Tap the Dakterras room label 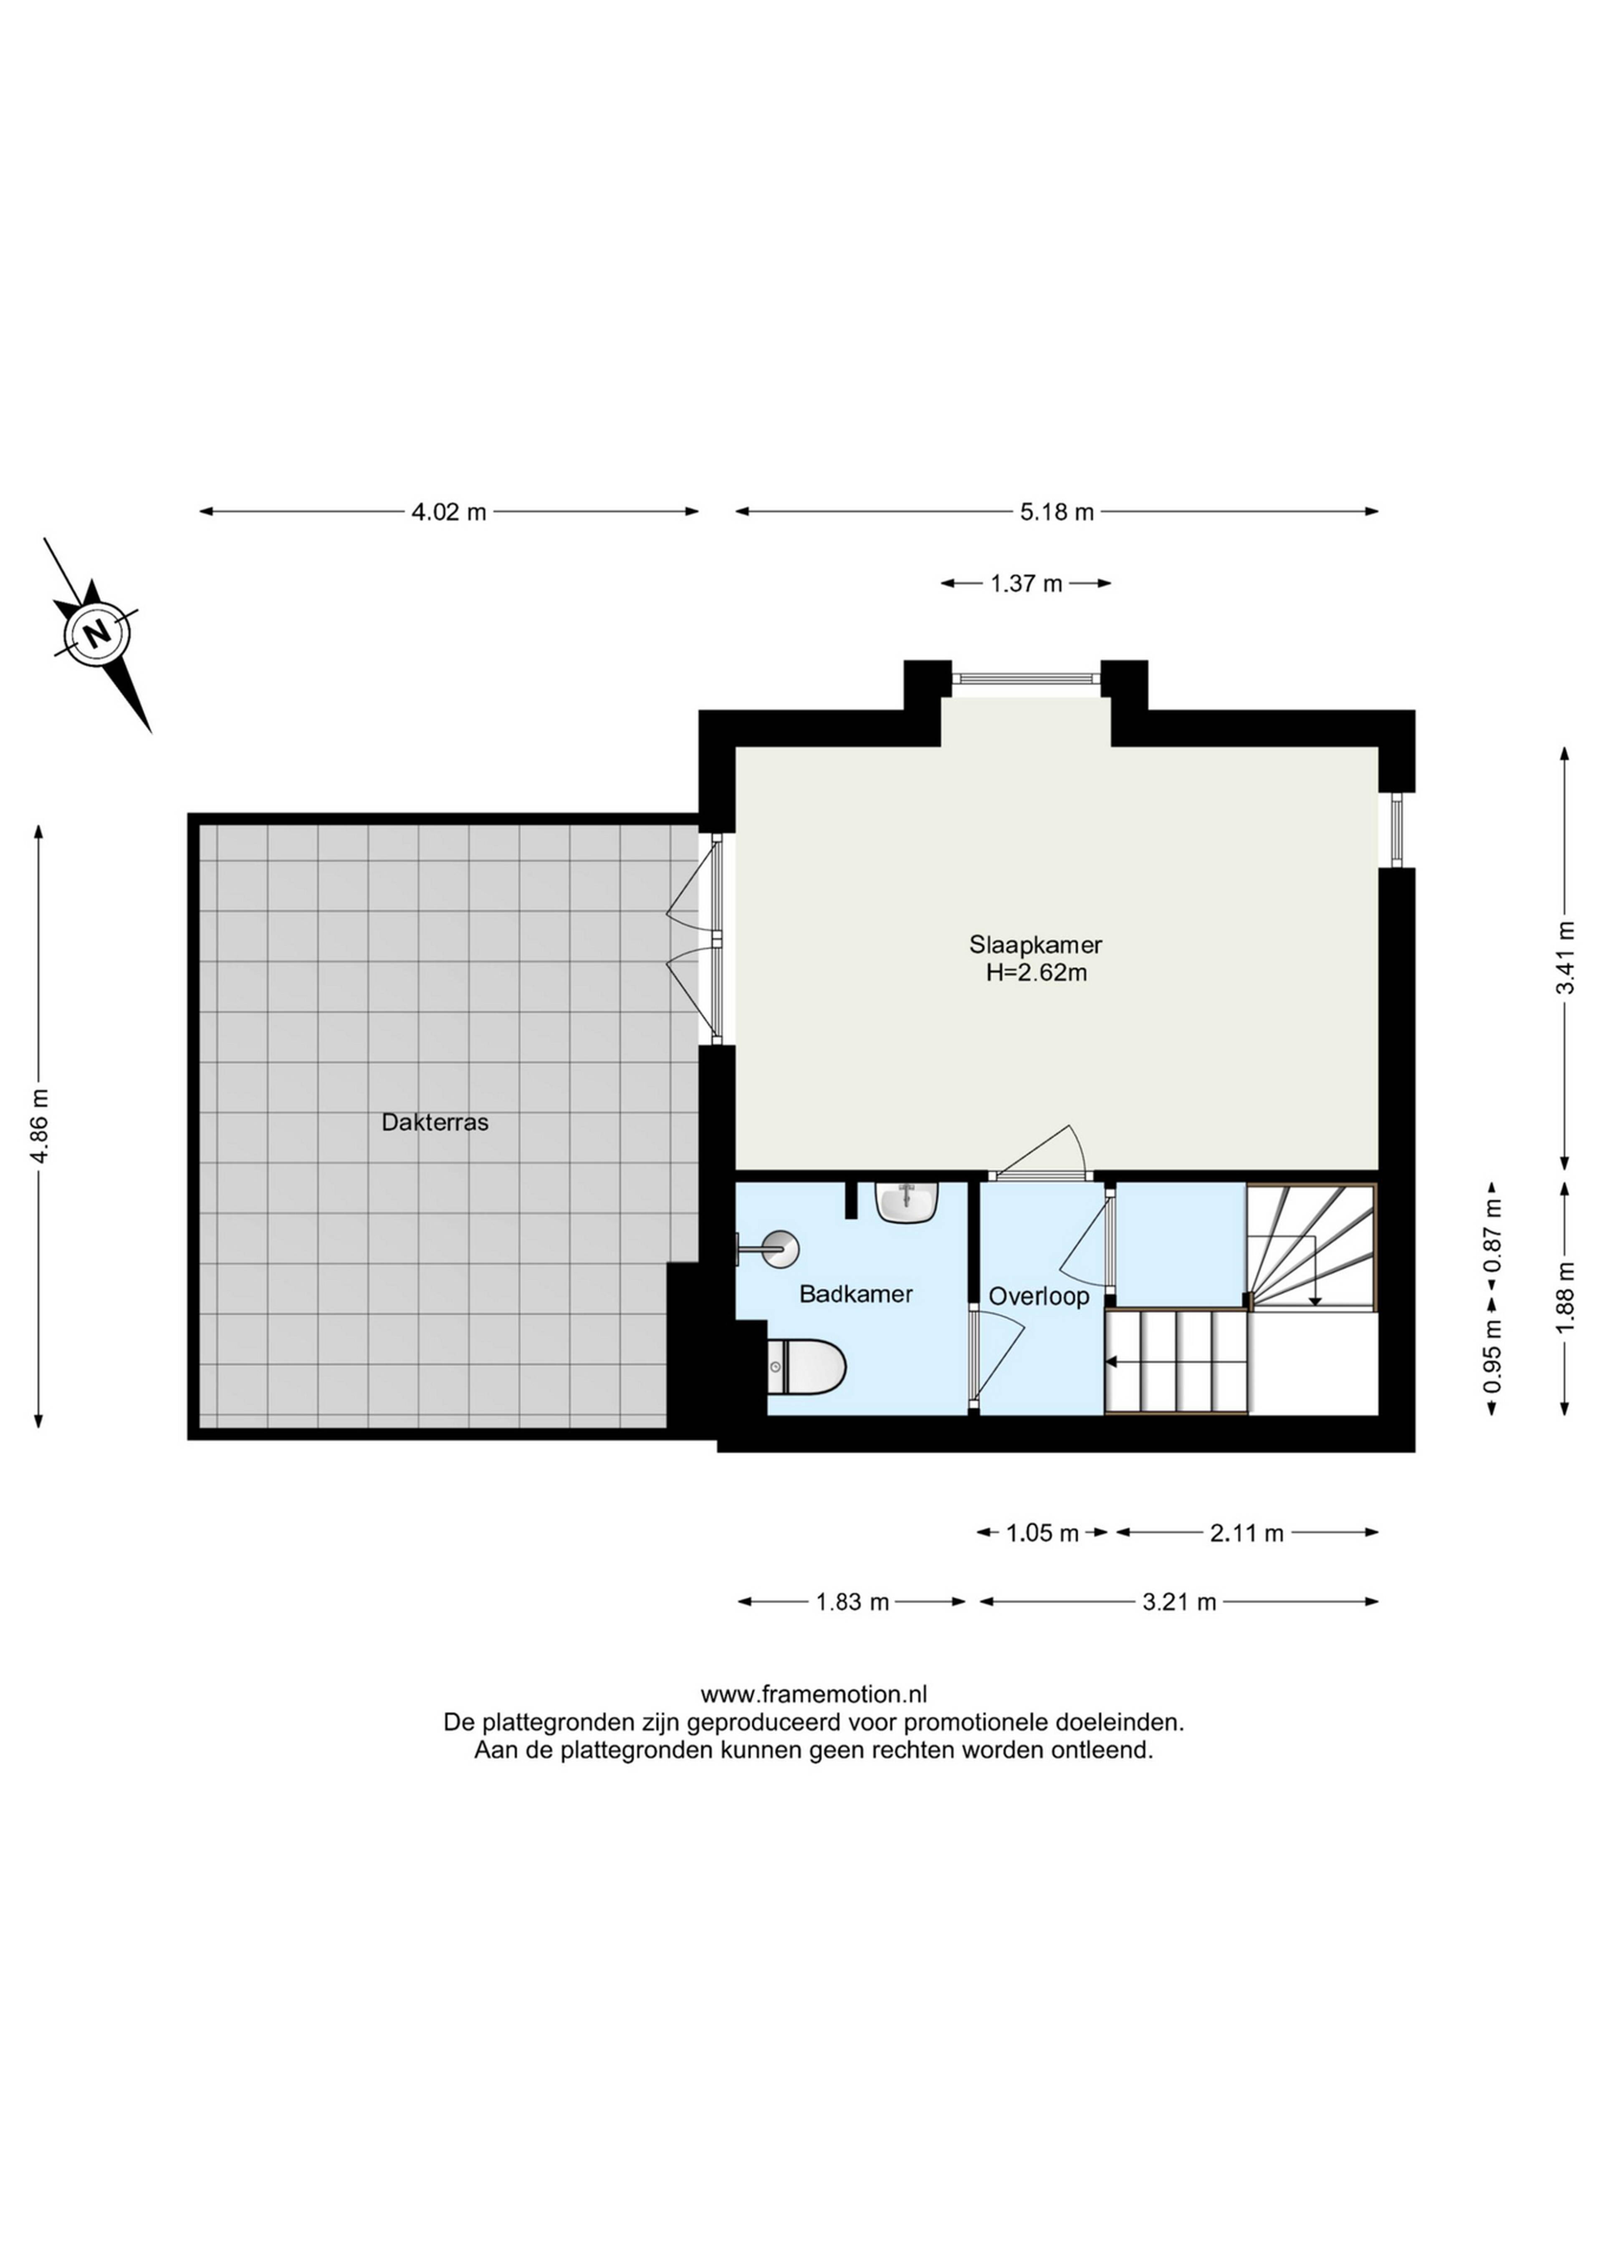pos(435,1122)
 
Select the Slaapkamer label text pos(1035,945)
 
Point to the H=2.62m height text pos(1037,973)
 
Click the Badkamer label pos(856,1294)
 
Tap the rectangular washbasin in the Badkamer pos(906,1203)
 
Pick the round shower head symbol pos(779,1248)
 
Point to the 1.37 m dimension pos(1027,583)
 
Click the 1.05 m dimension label pos(1042,1533)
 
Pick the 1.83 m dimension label pos(853,1602)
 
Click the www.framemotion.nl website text pos(814,1695)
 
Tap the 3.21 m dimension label pos(1180,1602)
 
